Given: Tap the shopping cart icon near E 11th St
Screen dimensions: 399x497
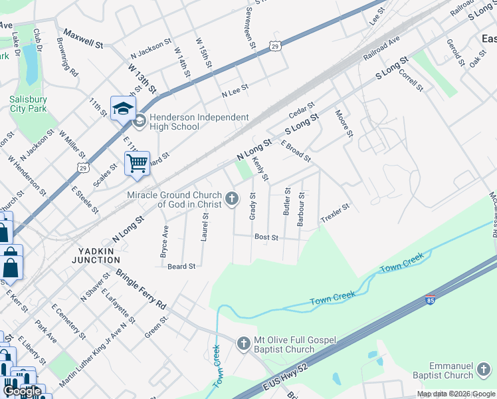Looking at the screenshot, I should pyautogui.click(x=137, y=162).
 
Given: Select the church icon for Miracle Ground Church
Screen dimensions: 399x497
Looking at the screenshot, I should pyautogui.click(x=233, y=198).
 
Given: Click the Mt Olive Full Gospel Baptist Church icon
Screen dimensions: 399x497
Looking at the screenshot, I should pyautogui.click(x=243, y=343).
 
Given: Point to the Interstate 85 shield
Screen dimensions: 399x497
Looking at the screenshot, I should pyautogui.click(x=430, y=301).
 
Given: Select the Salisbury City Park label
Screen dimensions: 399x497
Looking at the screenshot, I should pyautogui.click(x=28, y=104).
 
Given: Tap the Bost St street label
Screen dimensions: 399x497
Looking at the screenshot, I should pyautogui.click(x=266, y=237).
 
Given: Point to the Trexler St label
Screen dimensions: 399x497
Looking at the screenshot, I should pyautogui.click(x=334, y=213).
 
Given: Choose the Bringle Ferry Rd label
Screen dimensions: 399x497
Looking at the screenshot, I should pyautogui.click(x=142, y=288).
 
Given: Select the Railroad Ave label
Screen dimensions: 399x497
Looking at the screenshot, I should pyautogui.click(x=381, y=49).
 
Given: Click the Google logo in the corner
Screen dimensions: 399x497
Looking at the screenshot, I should pyautogui.click(x=22, y=391).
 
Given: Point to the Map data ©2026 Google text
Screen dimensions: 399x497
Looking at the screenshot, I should pyautogui.click(x=456, y=394).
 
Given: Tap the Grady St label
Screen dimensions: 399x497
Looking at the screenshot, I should pyautogui.click(x=252, y=205).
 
